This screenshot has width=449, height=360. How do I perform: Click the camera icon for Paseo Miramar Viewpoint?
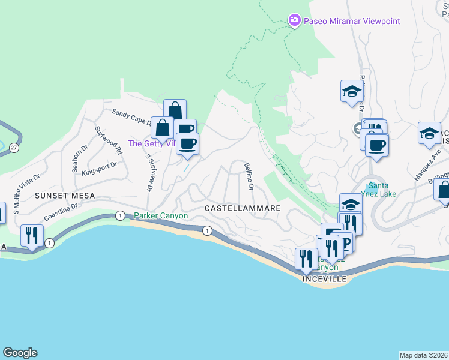294,21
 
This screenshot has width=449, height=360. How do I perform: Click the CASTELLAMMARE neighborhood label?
243,208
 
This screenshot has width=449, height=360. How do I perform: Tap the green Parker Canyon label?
161,216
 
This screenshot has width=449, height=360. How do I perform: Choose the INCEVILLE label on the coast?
325,280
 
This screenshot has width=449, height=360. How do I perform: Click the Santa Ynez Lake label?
382,189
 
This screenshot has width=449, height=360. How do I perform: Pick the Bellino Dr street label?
249,176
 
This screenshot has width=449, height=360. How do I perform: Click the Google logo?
20,353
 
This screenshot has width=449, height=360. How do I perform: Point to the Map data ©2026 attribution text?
424,355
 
